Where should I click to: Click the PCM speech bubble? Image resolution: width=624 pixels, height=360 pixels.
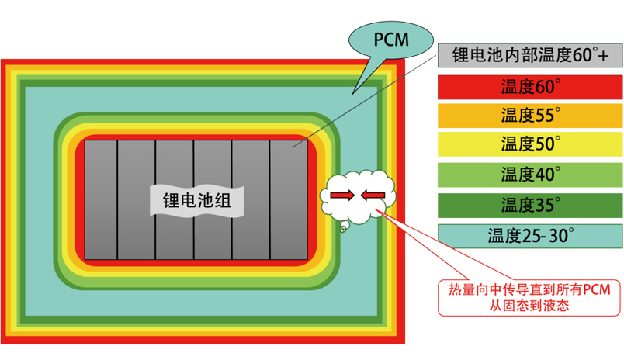390,37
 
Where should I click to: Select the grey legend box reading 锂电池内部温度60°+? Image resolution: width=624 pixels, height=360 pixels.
531,55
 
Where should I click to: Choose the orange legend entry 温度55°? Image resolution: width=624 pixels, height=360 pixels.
531,115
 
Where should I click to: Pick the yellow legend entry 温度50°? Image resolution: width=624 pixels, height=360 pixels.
531,144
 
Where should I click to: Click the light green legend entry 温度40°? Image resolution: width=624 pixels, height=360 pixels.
531,174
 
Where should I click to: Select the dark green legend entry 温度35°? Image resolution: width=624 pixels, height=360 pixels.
531,205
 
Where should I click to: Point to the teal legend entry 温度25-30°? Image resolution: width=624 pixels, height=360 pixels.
531,234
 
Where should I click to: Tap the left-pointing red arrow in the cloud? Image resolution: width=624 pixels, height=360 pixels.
373,194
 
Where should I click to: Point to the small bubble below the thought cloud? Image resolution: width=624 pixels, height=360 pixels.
341,227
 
